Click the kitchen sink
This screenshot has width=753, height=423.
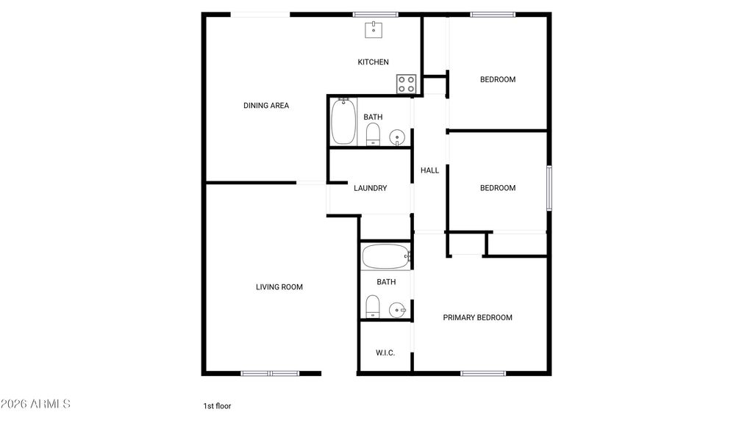[x=374, y=29]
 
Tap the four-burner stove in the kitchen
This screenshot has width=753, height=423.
[x=407, y=84]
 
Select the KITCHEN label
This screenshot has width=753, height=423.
[x=374, y=62]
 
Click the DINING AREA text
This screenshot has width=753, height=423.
[x=266, y=106]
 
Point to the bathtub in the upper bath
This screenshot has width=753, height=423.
[x=343, y=123]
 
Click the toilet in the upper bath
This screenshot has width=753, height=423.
[x=373, y=134]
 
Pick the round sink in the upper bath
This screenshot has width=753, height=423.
[x=397, y=137]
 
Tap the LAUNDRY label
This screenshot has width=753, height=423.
[x=371, y=188]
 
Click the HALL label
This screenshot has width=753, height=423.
[x=429, y=170]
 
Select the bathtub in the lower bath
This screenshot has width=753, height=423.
[x=386, y=257]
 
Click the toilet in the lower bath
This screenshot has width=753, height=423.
[x=373, y=306]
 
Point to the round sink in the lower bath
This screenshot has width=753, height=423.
[x=397, y=309]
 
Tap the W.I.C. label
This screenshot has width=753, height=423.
[x=385, y=353]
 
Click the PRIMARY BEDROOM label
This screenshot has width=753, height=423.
[x=477, y=317]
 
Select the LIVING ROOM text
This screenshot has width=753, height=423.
[x=279, y=287]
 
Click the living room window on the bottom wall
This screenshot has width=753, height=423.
[x=270, y=373]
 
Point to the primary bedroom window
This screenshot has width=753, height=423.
[x=482, y=373]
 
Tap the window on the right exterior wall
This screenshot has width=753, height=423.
[x=549, y=189]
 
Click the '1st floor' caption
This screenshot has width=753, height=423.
[x=217, y=405]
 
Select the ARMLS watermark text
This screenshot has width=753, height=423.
[x=35, y=404]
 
